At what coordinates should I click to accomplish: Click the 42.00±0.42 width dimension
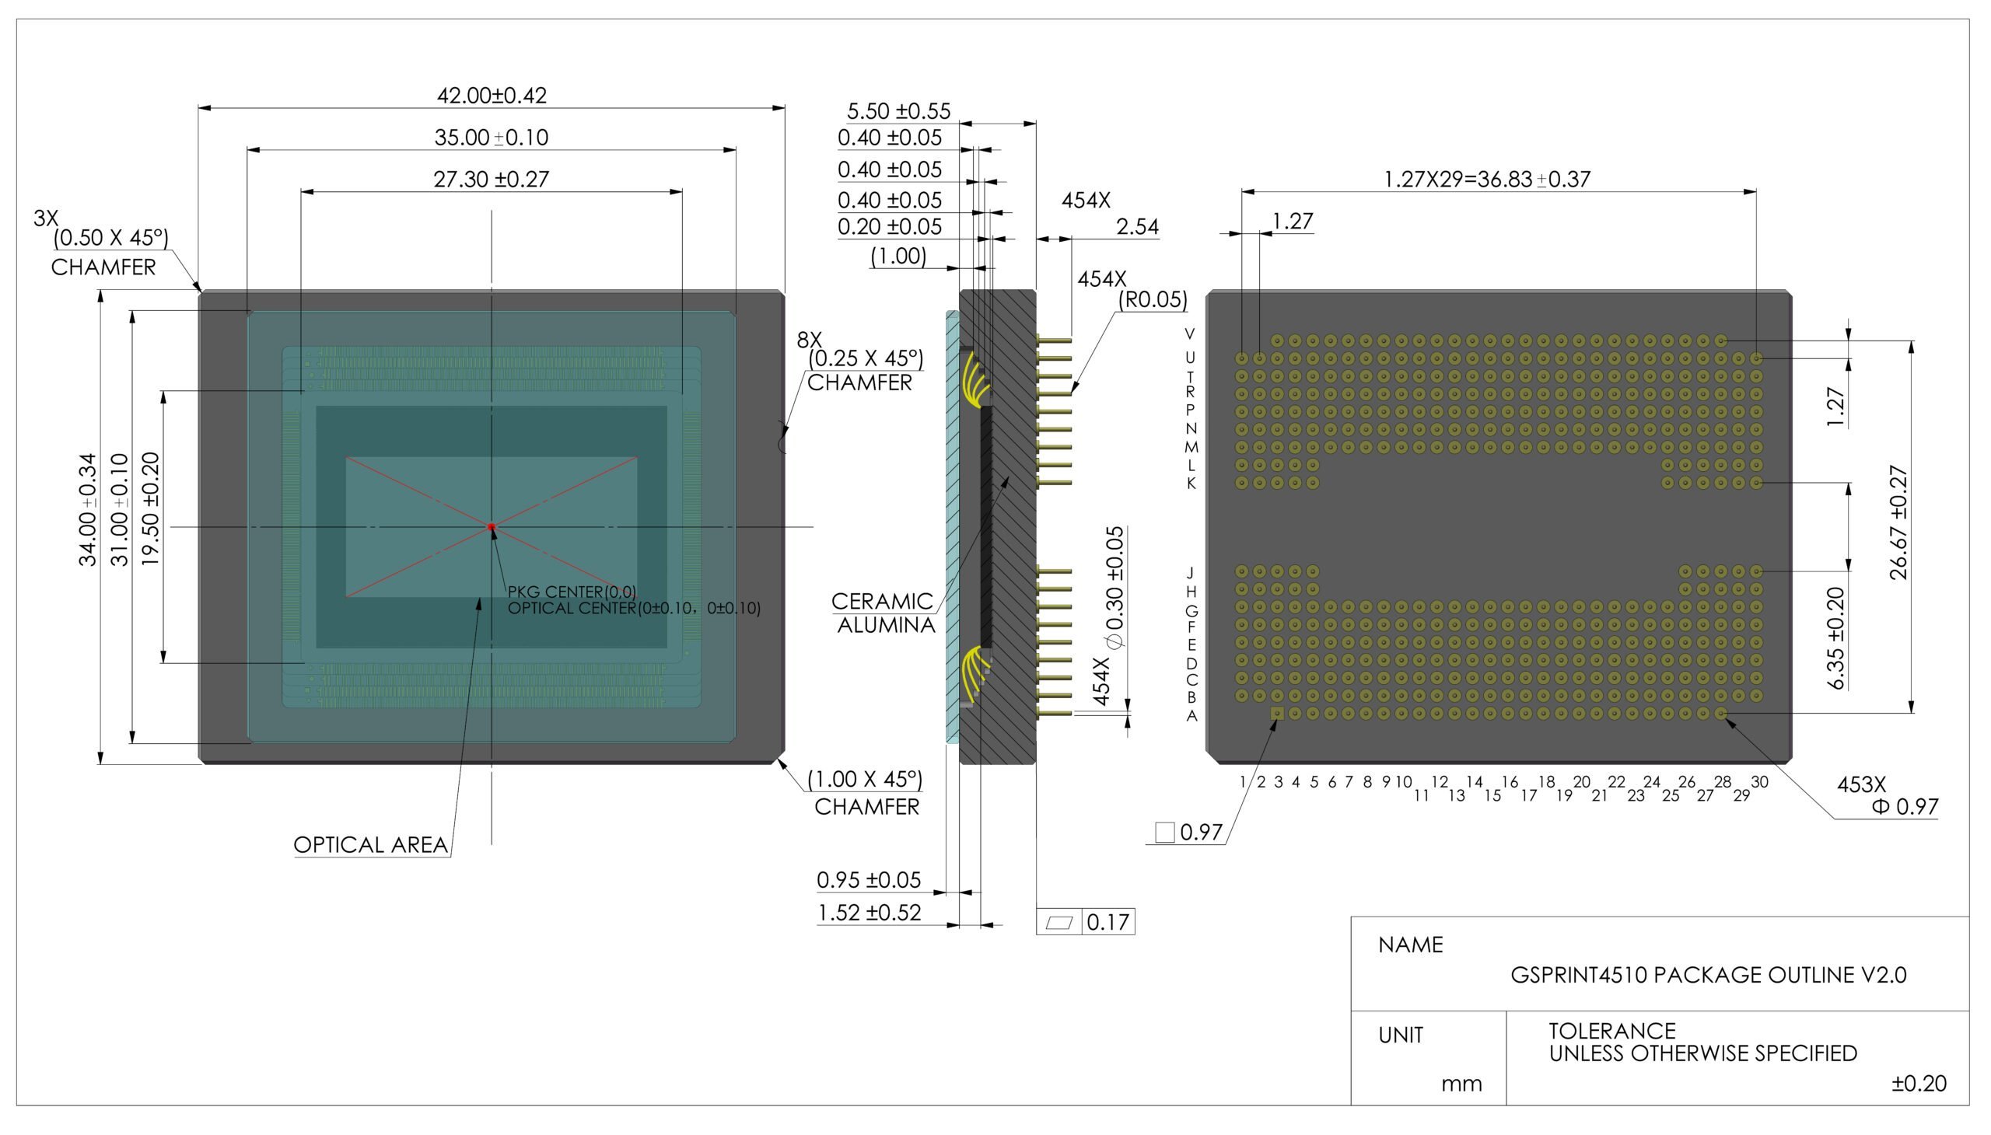(x=492, y=95)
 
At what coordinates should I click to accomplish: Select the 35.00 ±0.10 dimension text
(x=492, y=137)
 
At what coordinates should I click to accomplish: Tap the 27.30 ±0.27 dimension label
(x=492, y=180)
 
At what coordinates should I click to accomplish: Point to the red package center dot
(x=492, y=527)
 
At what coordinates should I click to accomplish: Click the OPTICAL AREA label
(x=370, y=845)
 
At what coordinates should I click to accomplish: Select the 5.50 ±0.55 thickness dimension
(x=898, y=110)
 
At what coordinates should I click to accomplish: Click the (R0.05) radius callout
(x=1153, y=299)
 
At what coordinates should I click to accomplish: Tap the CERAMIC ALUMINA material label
(x=884, y=613)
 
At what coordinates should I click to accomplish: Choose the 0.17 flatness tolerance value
(x=1107, y=922)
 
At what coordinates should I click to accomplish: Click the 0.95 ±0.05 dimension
(x=869, y=880)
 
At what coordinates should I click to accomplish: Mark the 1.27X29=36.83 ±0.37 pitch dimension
(x=1486, y=180)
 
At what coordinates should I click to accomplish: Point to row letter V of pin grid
(x=1189, y=334)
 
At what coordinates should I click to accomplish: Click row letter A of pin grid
(x=1191, y=716)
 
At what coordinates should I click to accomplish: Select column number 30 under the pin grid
(x=1759, y=782)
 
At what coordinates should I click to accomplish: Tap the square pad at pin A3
(x=1277, y=714)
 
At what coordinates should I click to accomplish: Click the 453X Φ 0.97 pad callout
(x=1888, y=795)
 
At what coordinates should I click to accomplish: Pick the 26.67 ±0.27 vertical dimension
(x=1899, y=522)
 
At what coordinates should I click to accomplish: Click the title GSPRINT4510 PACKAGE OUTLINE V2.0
(x=1708, y=975)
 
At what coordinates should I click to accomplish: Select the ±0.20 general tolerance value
(x=1919, y=1084)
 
